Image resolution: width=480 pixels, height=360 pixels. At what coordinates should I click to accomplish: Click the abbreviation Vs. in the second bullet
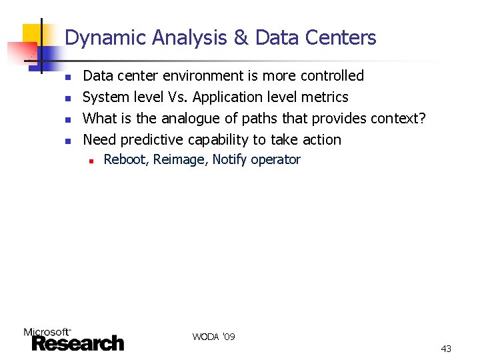coord(178,97)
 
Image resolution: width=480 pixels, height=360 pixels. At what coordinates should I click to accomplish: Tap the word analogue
coord(189,119)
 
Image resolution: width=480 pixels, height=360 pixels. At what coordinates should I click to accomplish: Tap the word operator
coord(276,160)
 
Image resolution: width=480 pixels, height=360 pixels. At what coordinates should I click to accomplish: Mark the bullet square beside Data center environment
coord(67,77)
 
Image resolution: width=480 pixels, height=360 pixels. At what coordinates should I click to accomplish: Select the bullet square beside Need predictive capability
coord(67,141)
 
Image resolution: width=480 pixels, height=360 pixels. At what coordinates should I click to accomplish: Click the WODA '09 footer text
coord(213,337)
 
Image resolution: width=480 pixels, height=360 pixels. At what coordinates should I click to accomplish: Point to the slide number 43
coord(446,349)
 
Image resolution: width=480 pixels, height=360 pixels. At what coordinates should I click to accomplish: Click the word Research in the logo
coord(79,343)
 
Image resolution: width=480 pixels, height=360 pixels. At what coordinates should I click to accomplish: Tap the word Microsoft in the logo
coord(47,331)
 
